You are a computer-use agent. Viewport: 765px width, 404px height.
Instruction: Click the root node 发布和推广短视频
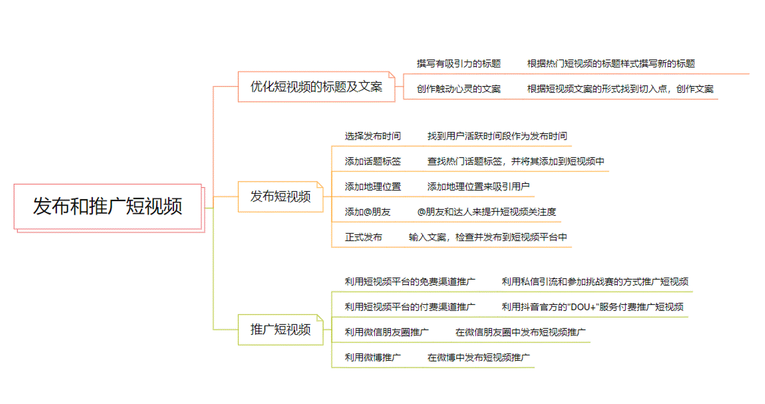click(107, 207)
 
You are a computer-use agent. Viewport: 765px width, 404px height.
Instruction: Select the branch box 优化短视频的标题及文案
click(316, 87)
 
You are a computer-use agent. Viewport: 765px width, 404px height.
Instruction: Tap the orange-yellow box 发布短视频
click(280, 197)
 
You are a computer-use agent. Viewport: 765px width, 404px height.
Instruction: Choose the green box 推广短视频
click(280, 330)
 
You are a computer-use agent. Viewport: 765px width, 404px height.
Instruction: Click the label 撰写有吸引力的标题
click(458, 64)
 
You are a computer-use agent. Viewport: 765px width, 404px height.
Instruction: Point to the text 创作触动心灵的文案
click(458, 89)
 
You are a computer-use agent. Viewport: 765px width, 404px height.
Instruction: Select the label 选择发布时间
click(373, 137)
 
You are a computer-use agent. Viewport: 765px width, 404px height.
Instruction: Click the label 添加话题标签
click(373, 162)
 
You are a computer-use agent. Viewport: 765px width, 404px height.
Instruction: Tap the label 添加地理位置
click(373, 187)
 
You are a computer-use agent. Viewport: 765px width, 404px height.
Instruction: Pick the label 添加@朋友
click(367, 212)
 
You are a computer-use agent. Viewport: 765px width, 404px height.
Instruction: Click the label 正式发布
click(363, 237)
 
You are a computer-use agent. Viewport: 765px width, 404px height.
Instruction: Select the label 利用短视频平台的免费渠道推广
click(410, 282)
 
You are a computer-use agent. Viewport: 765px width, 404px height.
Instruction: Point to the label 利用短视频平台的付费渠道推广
click(410, 307)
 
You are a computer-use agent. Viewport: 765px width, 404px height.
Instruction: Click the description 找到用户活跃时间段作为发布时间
click(497, 137)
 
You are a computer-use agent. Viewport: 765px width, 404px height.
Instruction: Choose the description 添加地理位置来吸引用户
click(478, 187)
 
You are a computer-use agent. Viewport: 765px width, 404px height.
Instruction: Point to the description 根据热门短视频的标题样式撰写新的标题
click(611, 64)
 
